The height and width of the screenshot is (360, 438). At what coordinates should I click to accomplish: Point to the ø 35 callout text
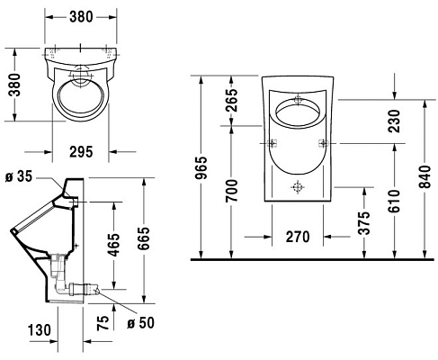point(19,176)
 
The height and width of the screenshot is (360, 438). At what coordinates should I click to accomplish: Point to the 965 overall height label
point(202,168)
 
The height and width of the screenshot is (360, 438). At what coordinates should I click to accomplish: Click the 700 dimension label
point(232,191)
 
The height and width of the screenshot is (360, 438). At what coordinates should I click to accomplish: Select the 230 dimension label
point(392,117)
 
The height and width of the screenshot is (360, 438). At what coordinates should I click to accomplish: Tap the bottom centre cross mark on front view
point(297,188)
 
